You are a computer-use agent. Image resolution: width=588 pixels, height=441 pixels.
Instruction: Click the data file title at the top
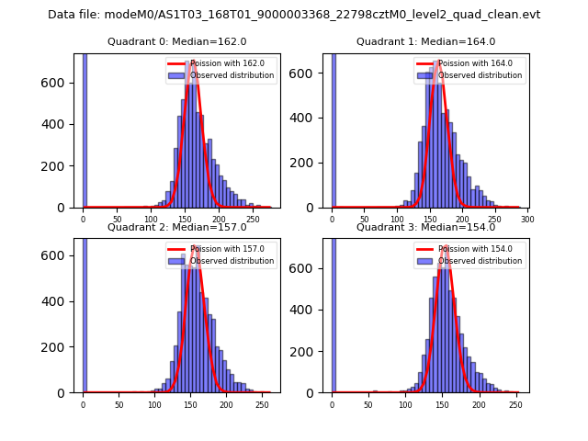(294, 15)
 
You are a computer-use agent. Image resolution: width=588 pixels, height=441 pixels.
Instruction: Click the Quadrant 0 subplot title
(176, 41)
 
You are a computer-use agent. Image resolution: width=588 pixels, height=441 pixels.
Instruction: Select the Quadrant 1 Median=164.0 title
(425, 41)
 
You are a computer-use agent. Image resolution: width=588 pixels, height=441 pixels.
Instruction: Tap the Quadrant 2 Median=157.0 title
(176, 227)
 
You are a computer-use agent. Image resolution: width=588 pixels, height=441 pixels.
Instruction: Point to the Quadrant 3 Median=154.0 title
(425, 227)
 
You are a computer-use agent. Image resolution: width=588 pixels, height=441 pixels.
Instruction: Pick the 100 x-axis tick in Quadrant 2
(154, 404)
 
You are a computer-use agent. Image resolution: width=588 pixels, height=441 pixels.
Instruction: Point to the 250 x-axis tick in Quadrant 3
(516, 404)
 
